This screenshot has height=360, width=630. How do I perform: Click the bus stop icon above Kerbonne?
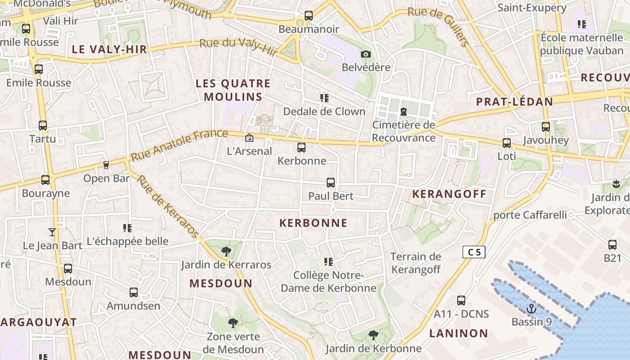coord(301,148)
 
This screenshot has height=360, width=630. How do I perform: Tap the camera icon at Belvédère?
coord(366,54)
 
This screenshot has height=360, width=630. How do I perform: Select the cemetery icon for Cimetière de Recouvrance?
coord(404,112)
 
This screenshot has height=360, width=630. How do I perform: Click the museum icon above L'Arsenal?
coord(249,138)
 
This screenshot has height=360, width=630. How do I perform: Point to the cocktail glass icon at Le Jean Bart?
coord(52,232)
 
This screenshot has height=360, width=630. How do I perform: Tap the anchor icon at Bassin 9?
coord(531,309)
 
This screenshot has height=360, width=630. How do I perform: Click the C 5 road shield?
coord(474,252)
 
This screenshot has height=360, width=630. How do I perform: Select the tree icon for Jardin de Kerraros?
coord(226,252)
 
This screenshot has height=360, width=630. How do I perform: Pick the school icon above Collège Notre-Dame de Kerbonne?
coord(328,262)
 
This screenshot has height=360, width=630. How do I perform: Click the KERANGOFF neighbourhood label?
coord(449,194)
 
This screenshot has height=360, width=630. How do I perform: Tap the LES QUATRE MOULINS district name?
coord(233,90)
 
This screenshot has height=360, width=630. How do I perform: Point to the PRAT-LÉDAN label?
coord(514,102)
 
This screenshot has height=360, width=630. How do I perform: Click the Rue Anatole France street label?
coord(179,145)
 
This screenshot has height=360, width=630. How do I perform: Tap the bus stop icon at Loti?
coord(507,143)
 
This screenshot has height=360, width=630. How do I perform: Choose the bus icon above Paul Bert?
coord(331,183)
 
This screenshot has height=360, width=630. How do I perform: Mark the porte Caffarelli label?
coord(530,215)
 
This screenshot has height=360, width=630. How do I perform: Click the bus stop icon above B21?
coord(612,245)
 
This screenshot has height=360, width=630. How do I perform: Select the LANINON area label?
coord(459,333)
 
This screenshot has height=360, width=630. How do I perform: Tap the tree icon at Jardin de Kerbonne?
coord(373,335)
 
